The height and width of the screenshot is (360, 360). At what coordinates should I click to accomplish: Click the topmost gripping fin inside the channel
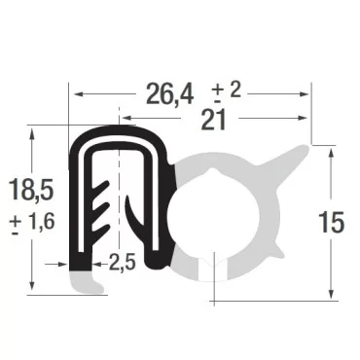tap(99, 183)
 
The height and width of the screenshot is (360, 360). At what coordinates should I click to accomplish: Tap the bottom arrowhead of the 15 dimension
tap(331, 296)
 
